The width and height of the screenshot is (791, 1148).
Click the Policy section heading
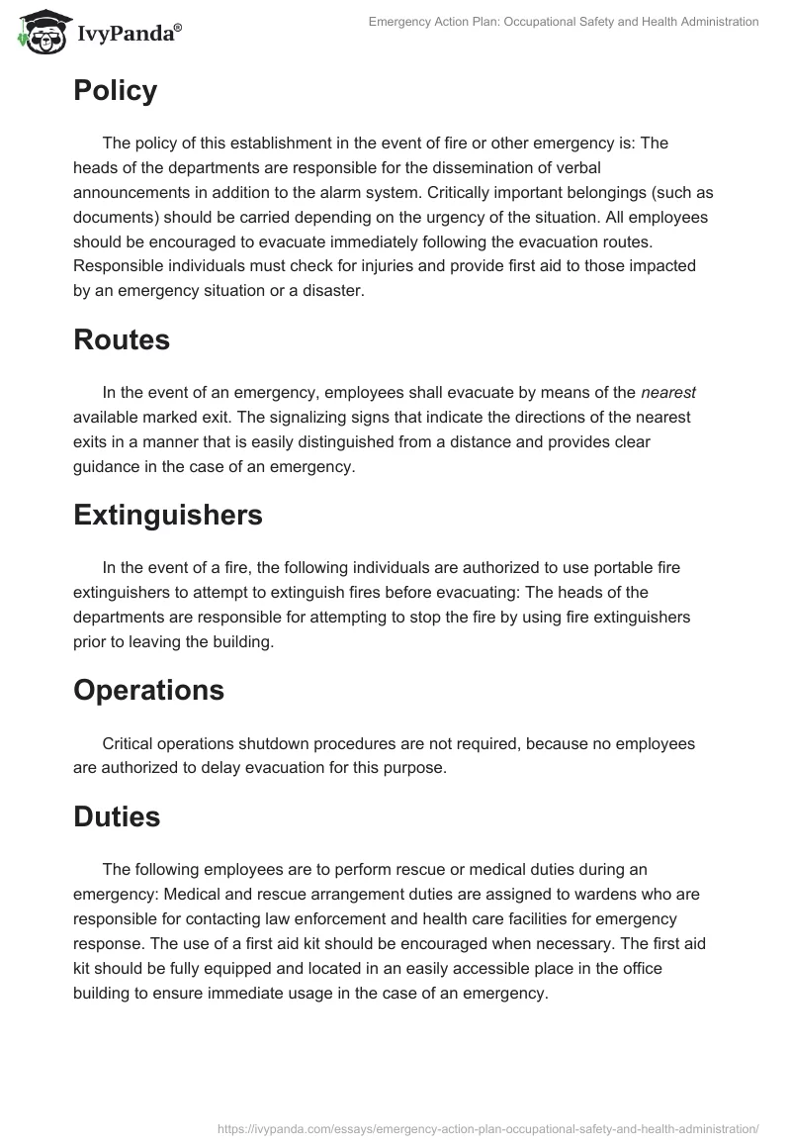point(115,91)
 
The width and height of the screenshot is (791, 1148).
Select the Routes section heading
point(122,340)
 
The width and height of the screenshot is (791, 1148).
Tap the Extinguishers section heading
point(168,515)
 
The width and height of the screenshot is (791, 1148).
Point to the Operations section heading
point(148,690)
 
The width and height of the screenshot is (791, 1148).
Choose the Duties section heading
point(117,817)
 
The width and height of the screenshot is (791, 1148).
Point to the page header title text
point(564,21)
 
